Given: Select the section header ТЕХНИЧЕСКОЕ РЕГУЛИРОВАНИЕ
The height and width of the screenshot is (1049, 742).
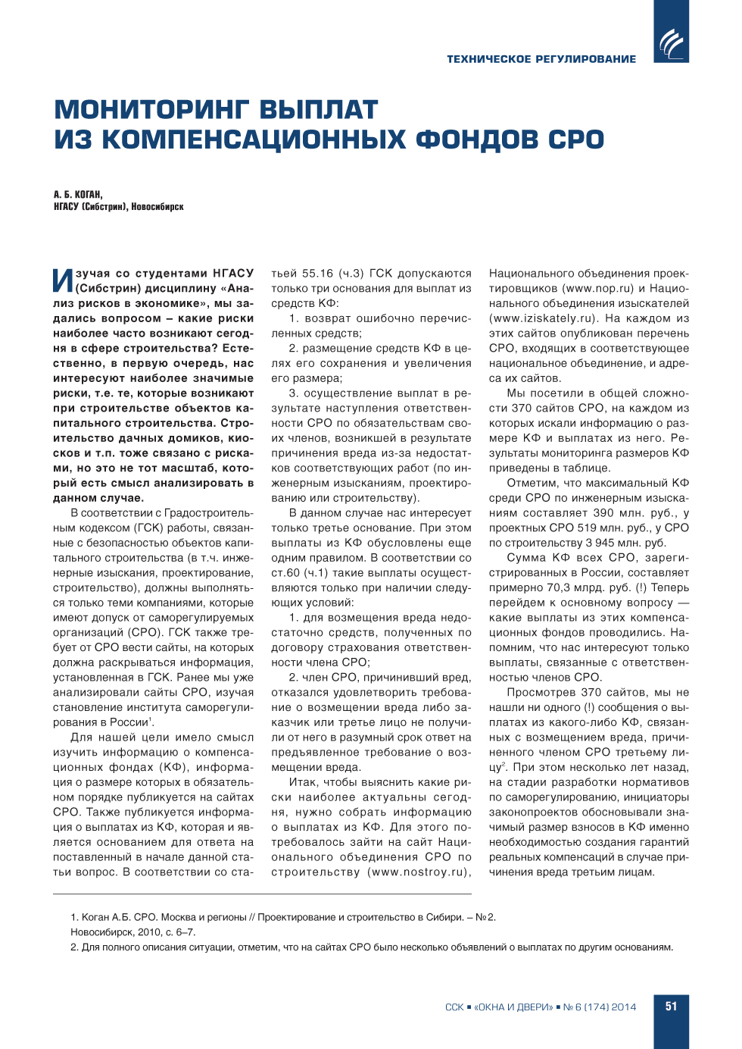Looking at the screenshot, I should click(x=541, y=59).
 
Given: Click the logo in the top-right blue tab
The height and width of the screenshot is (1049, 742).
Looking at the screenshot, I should click(x=671, y=42).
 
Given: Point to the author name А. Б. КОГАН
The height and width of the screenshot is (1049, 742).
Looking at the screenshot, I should click(x=78, y=195).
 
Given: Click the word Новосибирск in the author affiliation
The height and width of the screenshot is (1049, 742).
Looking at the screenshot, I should click(x=157, y=207).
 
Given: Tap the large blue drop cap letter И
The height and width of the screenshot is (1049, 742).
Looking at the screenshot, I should click(x=63, y=280).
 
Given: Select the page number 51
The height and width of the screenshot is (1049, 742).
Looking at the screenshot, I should click(x=671, y=1007).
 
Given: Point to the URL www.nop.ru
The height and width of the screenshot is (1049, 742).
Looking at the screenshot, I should click(x=598, y=289).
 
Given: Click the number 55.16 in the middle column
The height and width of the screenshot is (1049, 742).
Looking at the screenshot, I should click(x=318, y=274).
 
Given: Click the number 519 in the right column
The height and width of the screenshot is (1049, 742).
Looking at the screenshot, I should click(x=587, y=528).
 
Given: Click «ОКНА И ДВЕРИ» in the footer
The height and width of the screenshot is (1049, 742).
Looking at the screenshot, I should click(x=513, y=1007).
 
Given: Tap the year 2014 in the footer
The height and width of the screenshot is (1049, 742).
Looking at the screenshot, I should click(x=624, y=1007).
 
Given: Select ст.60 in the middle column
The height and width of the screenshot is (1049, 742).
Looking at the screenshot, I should click(x=285, y=573).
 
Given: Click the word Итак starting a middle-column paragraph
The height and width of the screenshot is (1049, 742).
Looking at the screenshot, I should click(x=304, y=782).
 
